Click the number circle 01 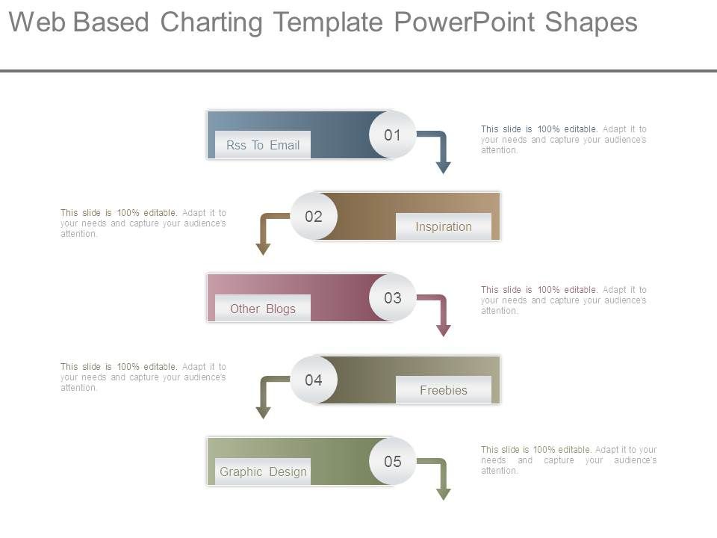click(393, 135)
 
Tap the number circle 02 click(314, 217)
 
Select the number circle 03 click(393, 298)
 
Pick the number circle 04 click(314, 380)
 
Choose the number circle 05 click(393, 461)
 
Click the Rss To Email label click(263, 145)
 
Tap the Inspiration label click(444, 226)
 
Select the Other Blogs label click(263, 309)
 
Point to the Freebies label click(444, 390)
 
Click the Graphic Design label click(263, 471)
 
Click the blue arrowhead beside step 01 click(444, 167)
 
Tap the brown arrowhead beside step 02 click(263, 248)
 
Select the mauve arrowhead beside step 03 click(444, 330)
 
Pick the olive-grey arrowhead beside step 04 click(263, 411)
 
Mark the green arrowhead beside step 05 click(444, 493)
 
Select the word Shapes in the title click(591, 23)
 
